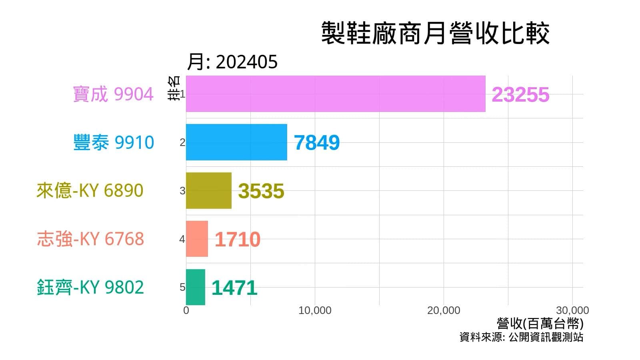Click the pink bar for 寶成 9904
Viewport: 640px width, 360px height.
336,94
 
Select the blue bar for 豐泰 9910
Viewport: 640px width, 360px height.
236,142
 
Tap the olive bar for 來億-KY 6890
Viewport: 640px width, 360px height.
208,191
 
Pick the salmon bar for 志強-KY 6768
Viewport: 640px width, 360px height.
197,239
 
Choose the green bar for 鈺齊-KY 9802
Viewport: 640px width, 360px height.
195,287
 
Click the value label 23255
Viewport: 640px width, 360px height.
520,95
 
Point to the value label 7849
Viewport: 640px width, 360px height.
316,143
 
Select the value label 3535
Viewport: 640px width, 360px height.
261,191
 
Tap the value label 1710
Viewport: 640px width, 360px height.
237,240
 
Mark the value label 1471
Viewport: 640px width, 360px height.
234,288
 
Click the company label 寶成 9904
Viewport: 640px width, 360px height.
113,94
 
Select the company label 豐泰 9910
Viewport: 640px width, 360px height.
114,142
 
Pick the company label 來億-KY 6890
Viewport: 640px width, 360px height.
90,190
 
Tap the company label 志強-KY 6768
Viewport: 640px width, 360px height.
90,239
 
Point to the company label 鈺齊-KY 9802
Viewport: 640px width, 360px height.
90,287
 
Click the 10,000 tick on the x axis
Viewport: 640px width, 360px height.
315,310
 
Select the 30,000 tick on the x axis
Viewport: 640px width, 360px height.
572,310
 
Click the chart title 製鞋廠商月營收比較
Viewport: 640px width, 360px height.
435,33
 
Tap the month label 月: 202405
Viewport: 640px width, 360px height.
232,62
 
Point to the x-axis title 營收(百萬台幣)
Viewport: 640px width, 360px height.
540,323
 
